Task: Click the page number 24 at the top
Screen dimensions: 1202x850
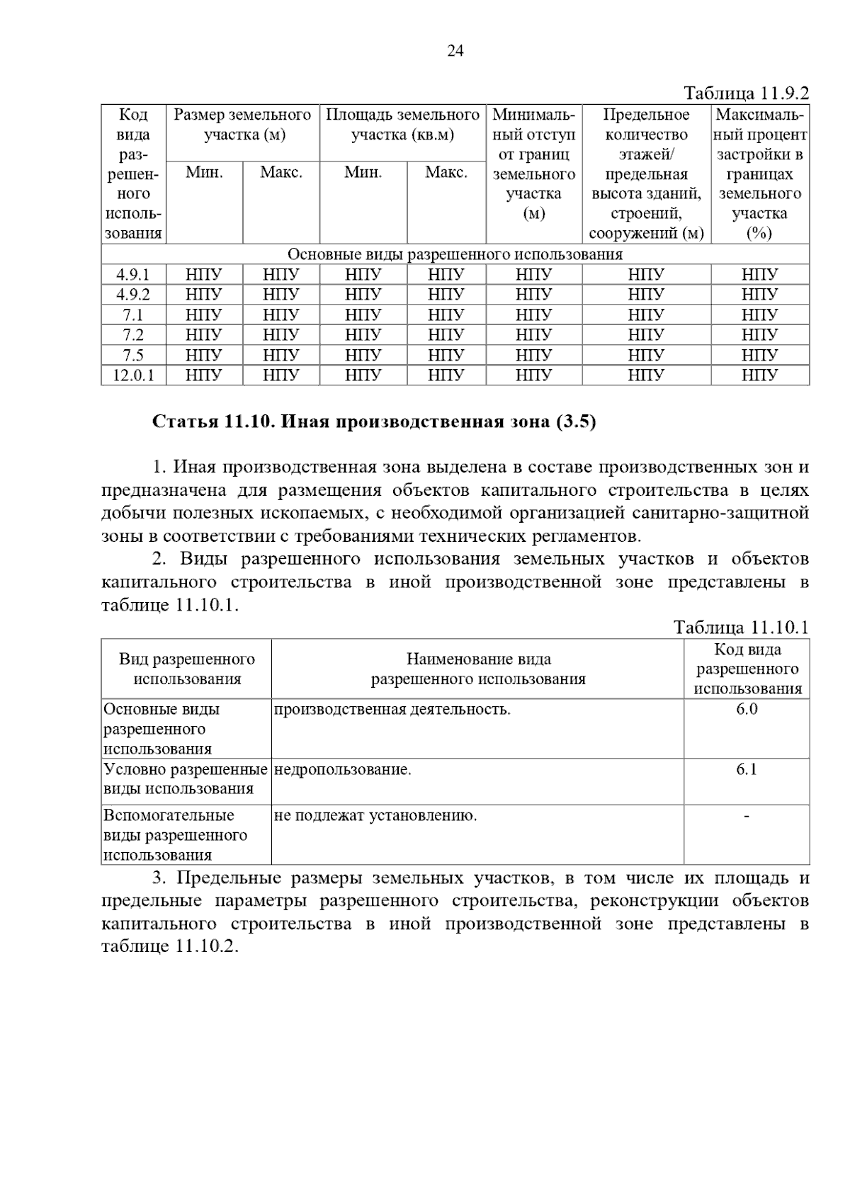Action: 455,51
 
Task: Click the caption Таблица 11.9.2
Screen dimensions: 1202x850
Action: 746,93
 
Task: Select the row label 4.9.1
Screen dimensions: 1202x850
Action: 133,275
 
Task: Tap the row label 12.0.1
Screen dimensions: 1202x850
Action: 133,375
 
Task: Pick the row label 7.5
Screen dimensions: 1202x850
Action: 133,355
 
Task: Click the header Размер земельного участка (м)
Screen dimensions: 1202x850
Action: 243,125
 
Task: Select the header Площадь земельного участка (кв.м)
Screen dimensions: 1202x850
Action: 402,125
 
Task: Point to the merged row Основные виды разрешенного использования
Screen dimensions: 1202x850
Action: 455,254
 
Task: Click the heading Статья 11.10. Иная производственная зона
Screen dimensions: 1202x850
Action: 374,422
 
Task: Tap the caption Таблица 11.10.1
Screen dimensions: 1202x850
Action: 741,628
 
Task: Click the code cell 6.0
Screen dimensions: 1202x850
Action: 747,710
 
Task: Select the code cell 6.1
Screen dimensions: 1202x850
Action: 747,770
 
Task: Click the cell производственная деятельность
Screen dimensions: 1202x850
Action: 392,710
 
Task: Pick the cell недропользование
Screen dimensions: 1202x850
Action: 342,770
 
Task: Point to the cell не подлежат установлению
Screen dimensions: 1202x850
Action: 375,816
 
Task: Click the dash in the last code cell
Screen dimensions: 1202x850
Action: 747,817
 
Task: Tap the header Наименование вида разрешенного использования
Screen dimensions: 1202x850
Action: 478,669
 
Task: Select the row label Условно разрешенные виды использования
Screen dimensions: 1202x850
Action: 186,779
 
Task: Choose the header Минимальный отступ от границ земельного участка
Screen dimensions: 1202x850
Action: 533,164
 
